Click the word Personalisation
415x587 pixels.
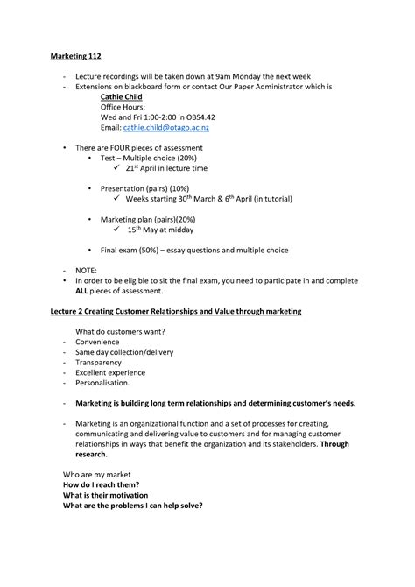(x=102, y=382)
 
